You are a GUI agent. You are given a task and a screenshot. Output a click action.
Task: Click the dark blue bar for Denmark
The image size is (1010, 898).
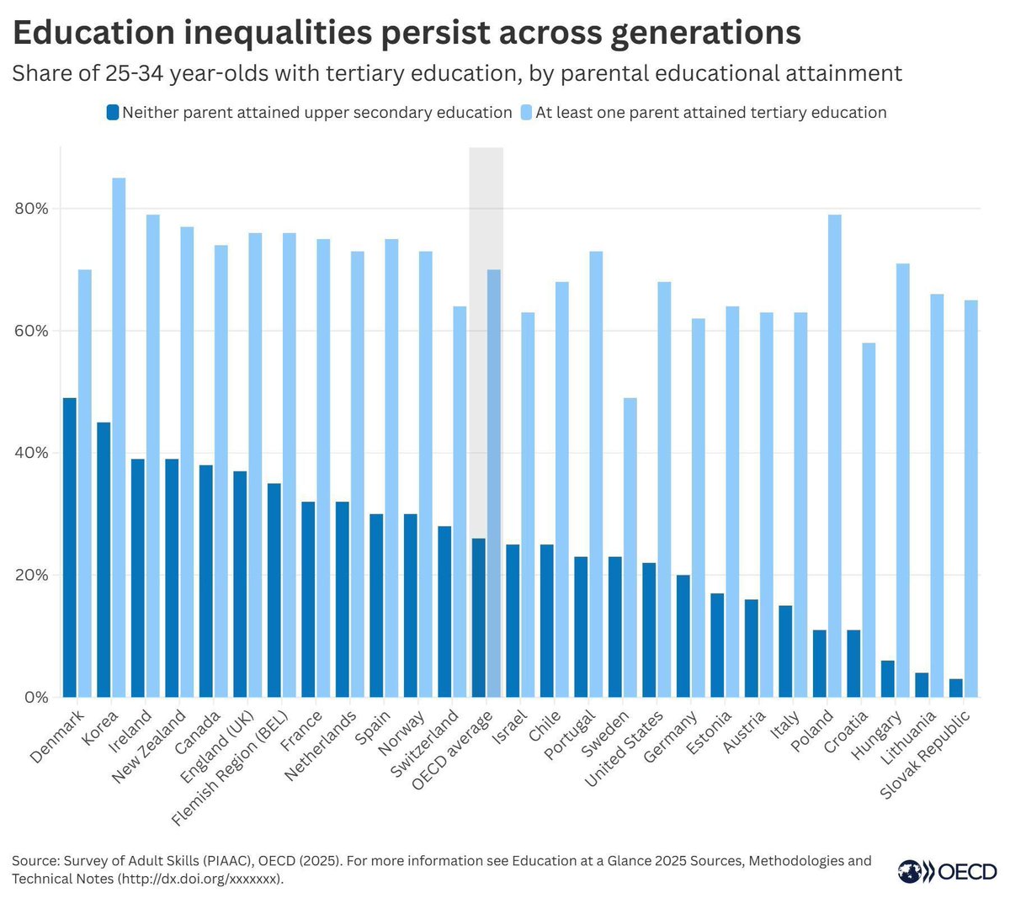[69, 547]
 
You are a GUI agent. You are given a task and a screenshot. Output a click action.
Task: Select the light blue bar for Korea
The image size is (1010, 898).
[119, 438]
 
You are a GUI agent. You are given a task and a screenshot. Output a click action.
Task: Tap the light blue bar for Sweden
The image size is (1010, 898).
[630, 547]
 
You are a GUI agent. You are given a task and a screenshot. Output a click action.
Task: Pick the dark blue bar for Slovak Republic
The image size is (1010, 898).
[955, 688]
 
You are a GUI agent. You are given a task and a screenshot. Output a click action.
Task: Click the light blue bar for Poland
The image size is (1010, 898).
[834, 455]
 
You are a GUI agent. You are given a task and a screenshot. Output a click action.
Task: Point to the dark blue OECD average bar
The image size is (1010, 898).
[478, 618]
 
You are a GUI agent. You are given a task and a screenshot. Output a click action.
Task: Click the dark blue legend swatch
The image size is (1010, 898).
[112, 112]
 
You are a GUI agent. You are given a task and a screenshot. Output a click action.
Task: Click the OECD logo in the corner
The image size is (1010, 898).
[946, 871]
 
